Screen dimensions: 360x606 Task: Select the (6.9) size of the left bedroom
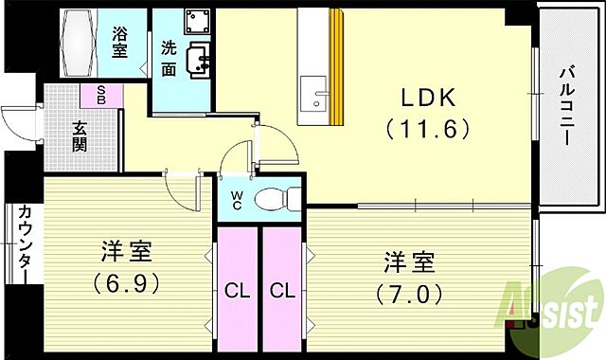125,282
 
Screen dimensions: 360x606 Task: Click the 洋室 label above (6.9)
126,252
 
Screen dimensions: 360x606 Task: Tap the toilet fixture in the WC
280,199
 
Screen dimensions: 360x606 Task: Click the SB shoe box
99,94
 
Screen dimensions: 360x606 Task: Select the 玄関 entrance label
80,137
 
